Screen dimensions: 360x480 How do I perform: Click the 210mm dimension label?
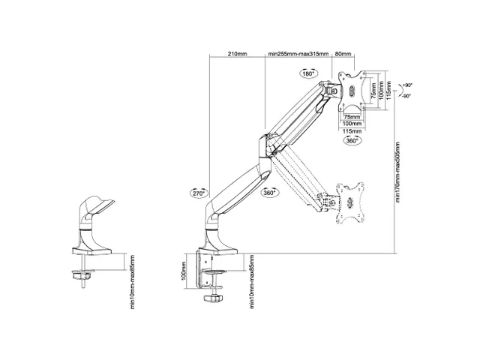(237, 55)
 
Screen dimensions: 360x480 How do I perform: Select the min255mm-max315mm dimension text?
(297, 55)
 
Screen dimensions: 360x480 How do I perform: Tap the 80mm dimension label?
(343, 55)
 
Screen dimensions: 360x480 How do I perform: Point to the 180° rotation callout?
(307, 73)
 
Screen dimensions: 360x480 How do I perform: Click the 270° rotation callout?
(197, 192)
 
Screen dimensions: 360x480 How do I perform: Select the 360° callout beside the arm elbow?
(270, 192)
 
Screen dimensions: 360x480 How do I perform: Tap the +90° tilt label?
(406, 85)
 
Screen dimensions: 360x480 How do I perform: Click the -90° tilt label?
(406, 96)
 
